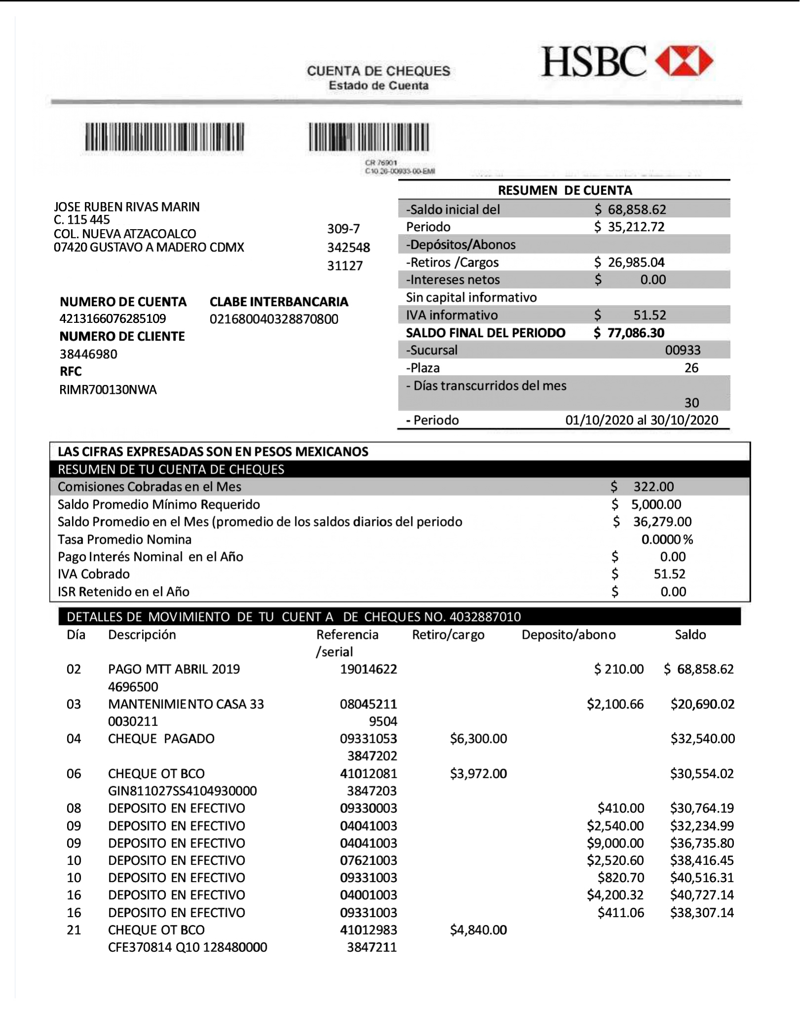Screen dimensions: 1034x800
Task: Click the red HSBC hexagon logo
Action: (x=684, y=62)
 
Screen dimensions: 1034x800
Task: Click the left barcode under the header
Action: (x=164, y=137)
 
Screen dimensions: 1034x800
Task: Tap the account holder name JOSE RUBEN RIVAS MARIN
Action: (x=127, y=207)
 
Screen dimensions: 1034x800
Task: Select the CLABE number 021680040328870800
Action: (x=274, y=319)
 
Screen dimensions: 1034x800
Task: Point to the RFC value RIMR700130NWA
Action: (x=108, y=389)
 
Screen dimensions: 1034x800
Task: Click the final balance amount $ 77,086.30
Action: (x=629, y=333)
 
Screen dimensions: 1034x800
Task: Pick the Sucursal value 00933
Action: (x=683, y=350)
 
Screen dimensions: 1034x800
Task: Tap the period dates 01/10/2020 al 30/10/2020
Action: (x=642, y=420)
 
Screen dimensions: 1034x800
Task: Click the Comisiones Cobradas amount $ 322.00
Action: (x=643, y=486)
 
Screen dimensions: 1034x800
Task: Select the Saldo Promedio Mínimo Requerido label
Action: (x=159, y=504)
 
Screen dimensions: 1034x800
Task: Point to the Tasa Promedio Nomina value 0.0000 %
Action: (x=667, y=539)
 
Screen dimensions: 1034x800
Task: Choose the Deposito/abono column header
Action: (x=568, y=634)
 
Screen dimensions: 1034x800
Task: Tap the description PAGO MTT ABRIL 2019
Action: (x=174, y=669)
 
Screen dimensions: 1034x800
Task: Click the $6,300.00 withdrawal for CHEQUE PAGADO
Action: (x=478, y=738)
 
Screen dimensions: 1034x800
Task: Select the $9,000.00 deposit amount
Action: (x=615, y=843)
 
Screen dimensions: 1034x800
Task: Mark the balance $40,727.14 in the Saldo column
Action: (x=702, y=895)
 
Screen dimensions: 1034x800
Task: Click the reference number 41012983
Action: (x=368, y=930)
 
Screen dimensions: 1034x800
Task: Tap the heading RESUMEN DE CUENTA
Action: (x=565, y=190)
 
